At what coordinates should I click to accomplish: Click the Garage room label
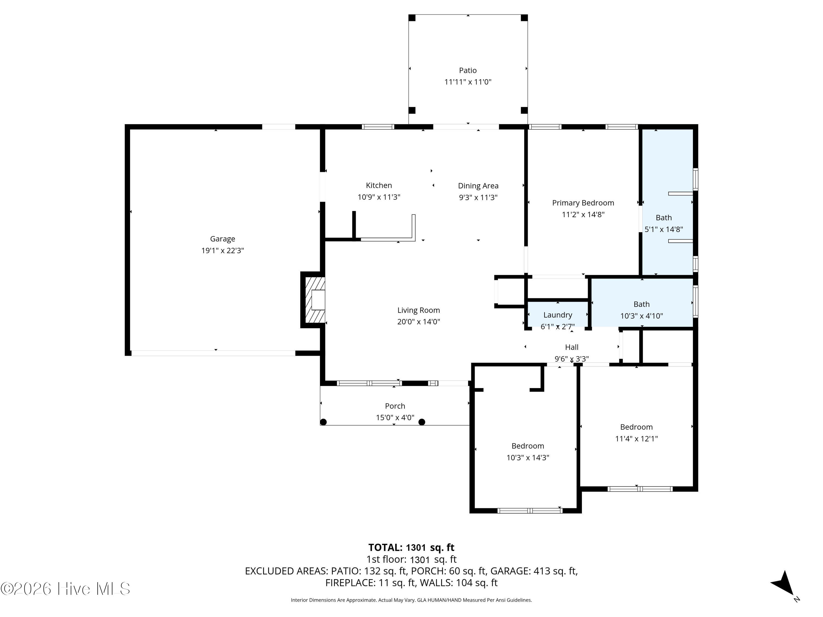pyautogui.click(x=222, y=239)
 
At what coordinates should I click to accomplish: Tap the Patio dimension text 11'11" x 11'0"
pyautogui.click(x=468, y=82)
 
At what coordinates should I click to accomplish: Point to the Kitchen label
pyautogui.click(x=379, y=185)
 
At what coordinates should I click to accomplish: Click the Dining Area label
pyautogui.click(x=478, y=186)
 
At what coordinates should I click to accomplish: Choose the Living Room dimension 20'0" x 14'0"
pyautogui.click(x=419, y=322)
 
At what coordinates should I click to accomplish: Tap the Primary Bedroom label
pyautogui.click(x=583, y=203)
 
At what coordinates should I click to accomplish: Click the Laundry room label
pyautogui.click(x=558, y=315)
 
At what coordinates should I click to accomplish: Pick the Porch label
pyautogui.click(x=395, y=406)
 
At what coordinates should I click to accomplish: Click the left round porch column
pyautogui.click(x=323, y=422)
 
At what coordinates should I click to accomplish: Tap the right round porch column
pyautogui.click(x=422, y=422)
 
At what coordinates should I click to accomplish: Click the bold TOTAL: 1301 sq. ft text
pyautogui.click(x=411, y=547)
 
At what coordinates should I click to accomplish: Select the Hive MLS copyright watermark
pyautogui.click(x=66, y=589)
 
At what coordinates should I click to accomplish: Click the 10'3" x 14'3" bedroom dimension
pyautogui.click(x=528, y=457)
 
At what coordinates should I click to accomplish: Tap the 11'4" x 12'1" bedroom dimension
pyautogui.click(x=636, y=438)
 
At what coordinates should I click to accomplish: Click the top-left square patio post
pyautogui.click(x=412, y=18)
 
